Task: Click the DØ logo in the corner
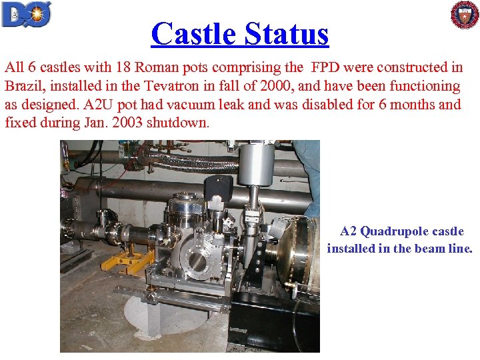click(x=27, y=14)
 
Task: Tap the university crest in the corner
click(x=464, y=15)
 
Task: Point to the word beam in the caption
click(x=425, y=249)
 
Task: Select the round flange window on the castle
click(x=197, y=261)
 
